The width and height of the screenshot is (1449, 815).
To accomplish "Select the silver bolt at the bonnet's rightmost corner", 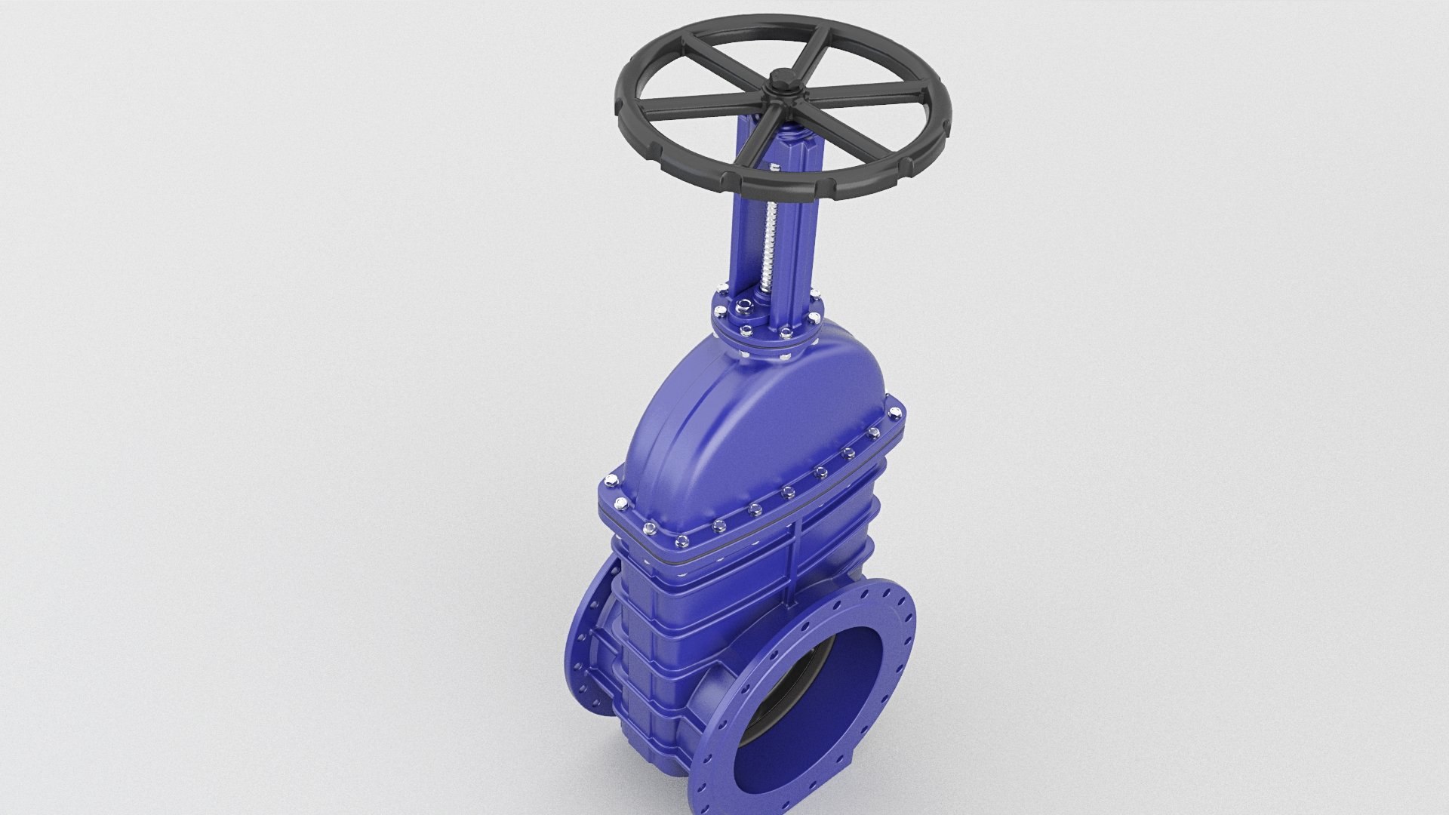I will pos(896,413).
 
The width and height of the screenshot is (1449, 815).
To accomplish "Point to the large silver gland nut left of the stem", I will pos(746,306).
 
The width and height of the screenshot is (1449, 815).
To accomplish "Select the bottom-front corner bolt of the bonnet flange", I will pos(682,540).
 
